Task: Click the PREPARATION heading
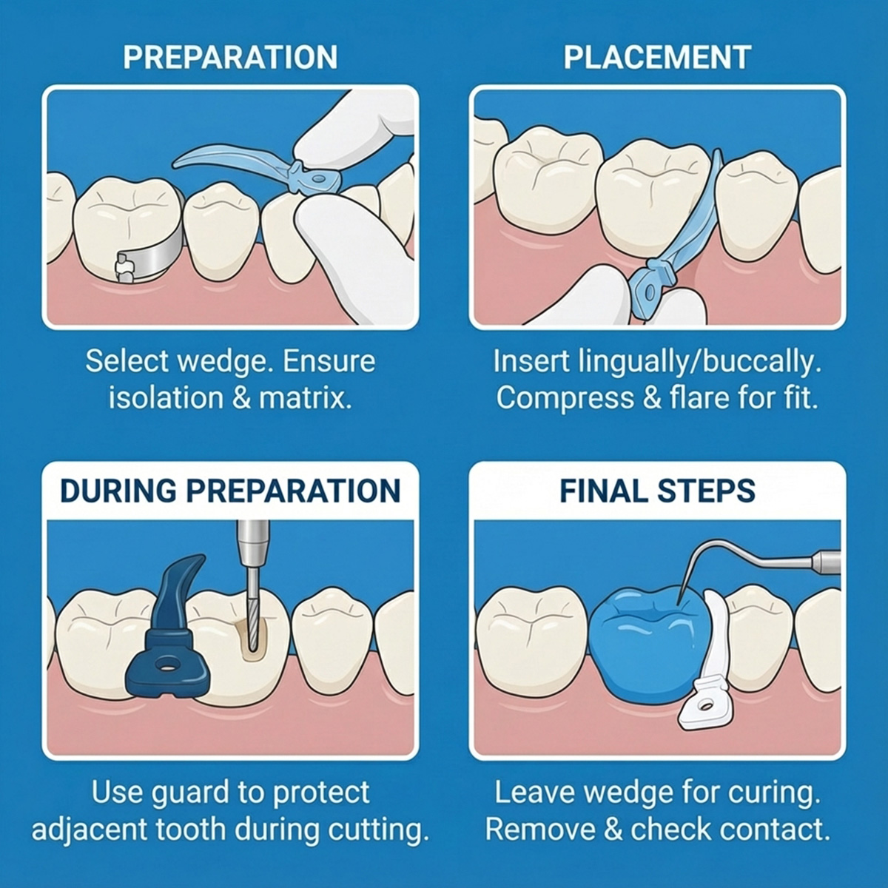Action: [230, 58]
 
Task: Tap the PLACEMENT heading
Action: [657, 58]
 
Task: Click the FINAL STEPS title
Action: [657, 491]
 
